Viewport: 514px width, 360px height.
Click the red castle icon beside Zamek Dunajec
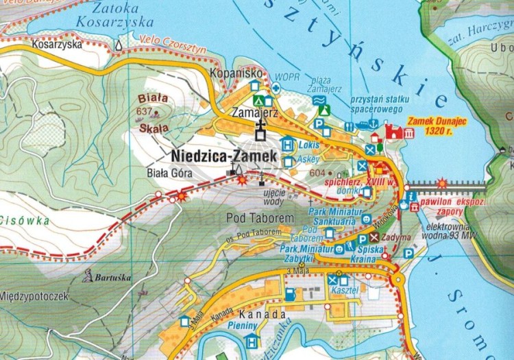coord(394,132)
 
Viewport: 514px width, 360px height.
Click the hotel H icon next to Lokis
coord(286,145)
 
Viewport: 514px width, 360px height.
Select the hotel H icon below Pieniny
coord(252,340)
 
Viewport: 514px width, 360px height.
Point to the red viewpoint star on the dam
coord(443,183)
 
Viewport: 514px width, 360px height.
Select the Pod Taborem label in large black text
coord(260,218)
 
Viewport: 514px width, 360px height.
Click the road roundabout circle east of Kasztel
coord(397,279)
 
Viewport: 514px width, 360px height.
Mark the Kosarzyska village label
coord(56,44)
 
